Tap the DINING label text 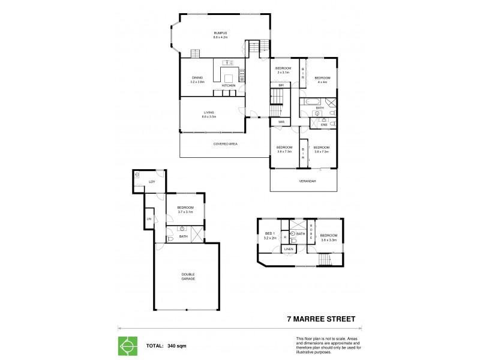click(197, 77)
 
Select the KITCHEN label click(229, 86)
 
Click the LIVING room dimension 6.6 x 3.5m click(209, 117)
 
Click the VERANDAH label click(307, 181)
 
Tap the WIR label click(281, 122)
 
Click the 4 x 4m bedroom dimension click(323, 82)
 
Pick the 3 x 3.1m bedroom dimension click(284, 73)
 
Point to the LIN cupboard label click(149, 219)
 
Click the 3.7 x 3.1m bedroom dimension click(185, 212)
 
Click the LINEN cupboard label click(289, 248)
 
